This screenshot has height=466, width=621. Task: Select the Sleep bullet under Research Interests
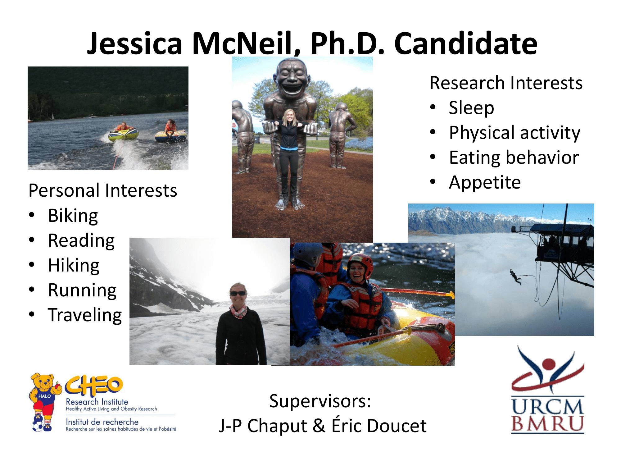(471, 108)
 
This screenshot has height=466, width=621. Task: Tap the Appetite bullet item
(485, 183)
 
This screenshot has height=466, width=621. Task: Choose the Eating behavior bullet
(514, 157)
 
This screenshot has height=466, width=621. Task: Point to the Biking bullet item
(73, 216)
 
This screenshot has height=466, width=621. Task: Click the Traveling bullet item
(85, 315)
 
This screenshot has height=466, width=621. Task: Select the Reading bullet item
(81, 241)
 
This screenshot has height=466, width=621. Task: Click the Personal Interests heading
(103, 190)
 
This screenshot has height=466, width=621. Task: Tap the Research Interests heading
(506, 83)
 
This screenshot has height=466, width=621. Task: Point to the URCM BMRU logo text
(548, 416)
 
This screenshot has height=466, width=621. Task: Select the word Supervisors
(320, 401)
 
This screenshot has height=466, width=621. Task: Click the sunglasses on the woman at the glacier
(238, 293)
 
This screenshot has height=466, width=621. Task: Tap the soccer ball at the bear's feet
(37, 426)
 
